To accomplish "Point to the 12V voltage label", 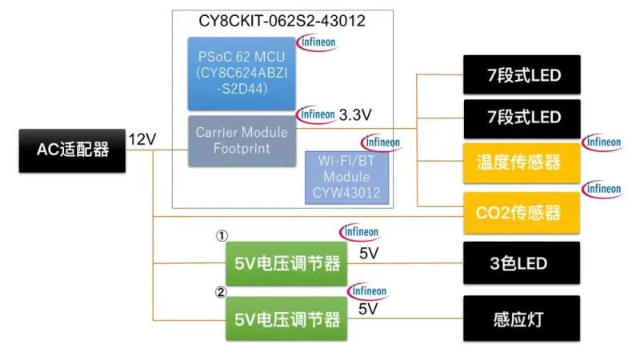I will [142, 139].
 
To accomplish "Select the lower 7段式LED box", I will [522, 118].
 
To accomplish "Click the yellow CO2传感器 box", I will [522, 212].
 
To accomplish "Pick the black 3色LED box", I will [522, 263].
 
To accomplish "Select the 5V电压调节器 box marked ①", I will [286, 264].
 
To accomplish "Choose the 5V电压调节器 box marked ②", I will [286, 319].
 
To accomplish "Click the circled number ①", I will [222, 236].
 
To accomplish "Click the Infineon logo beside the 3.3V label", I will [316, 114].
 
